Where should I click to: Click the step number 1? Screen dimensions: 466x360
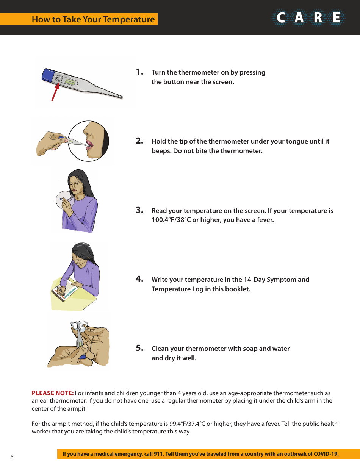(x=139, y=72)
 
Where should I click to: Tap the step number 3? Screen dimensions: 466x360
(x=139, y=210)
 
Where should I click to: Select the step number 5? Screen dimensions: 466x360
(x=139, y=348)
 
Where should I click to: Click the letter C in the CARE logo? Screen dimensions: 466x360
(x=281, y=18)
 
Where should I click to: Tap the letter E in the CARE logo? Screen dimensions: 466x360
(x=336, y=18)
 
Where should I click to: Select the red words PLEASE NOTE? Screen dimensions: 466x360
(x=53, y=393)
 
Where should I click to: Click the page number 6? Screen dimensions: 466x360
(x=12, y=456)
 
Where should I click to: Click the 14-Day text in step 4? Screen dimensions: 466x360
(x=248, y=280)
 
